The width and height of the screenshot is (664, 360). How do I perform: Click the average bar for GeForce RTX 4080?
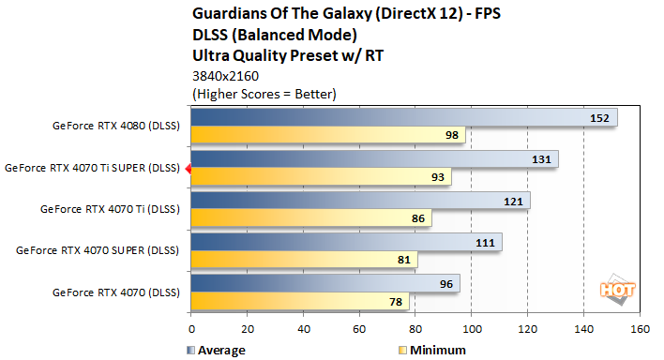pos(403,118)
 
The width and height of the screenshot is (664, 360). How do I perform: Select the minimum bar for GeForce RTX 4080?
pos(327,136)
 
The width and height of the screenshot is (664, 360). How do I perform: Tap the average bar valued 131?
pos(374,159)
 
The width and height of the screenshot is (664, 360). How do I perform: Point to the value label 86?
pos(412,218)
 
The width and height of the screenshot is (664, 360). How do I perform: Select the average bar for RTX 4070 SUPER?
pos(346,242)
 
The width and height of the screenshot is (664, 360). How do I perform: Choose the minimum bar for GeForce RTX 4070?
pos(300,301)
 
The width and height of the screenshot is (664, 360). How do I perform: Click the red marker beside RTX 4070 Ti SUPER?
pos(188,169)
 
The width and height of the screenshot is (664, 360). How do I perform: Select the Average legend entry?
pos(217,350)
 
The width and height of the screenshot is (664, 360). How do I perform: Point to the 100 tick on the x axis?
pos(472,330)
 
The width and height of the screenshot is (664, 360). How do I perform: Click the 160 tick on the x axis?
pos(641,330)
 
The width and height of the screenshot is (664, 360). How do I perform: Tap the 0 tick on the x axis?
pos(191,330)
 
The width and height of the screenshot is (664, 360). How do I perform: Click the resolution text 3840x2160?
pos(224,76)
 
